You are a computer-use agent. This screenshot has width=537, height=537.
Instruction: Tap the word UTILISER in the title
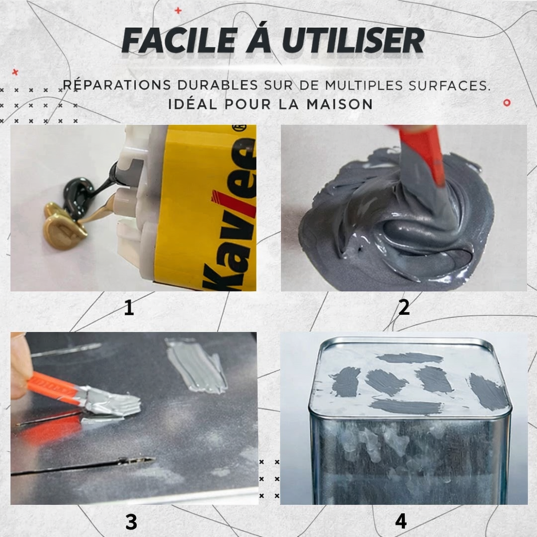(x=352, y=41)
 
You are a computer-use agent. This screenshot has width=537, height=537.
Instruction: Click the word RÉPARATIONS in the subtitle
(x=116, y=85)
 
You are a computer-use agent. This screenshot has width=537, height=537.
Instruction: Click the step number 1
(x=129, y=308)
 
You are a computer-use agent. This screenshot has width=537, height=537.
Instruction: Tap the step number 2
(x=403, y=308)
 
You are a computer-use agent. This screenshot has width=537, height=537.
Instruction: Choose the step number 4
(x=401, y=521)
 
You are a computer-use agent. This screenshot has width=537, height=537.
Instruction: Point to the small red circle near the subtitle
(x=507, y=102)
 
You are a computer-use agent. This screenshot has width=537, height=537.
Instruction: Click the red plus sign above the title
(x=178, y=10)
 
